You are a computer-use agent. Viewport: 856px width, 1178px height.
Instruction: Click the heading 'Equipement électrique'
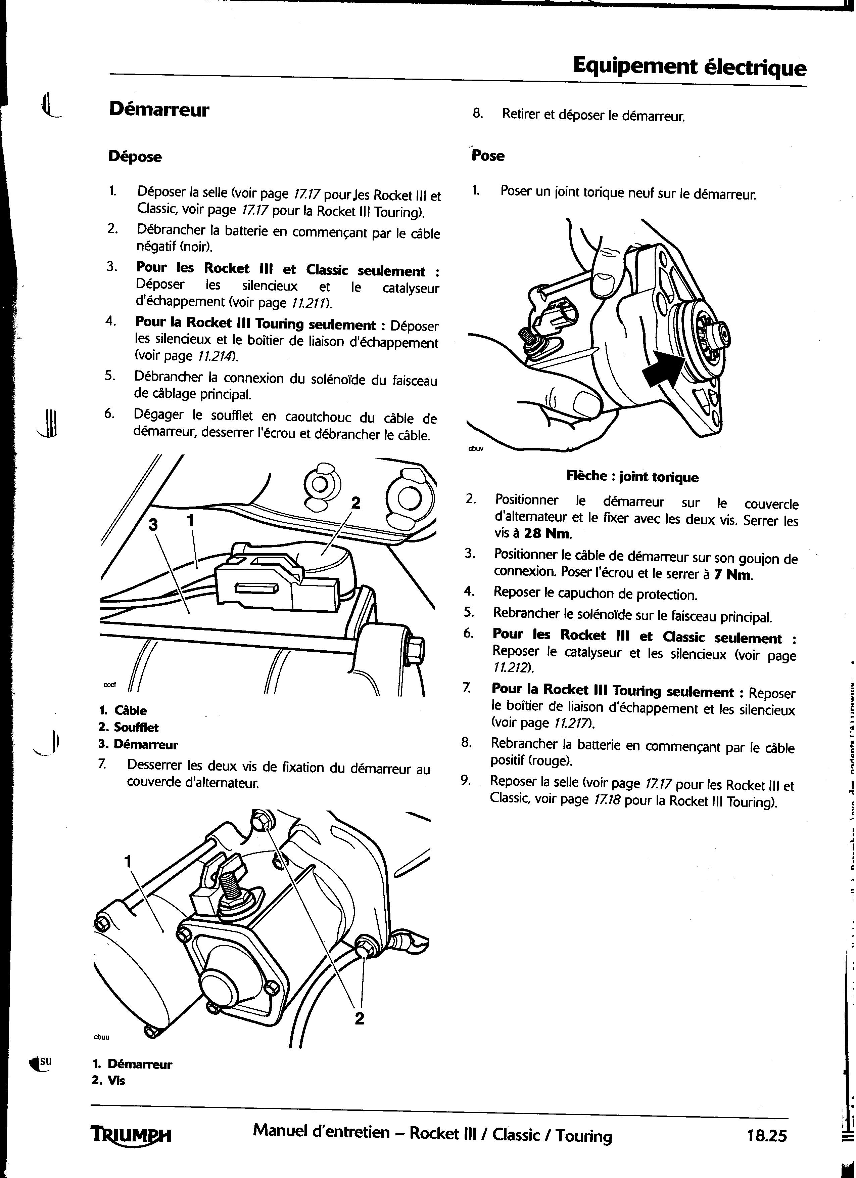(690, 67)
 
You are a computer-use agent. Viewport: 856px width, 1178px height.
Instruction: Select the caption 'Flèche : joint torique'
(632, 477)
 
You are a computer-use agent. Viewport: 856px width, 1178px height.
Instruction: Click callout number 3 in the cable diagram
(153, 525)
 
